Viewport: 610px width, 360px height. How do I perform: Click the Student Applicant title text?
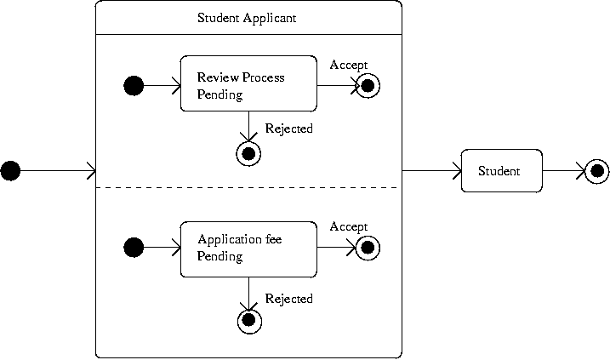[x=247, y=17]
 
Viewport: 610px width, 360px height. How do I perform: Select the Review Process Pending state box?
[x=248, y=85]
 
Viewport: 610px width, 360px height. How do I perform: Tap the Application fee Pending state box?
[x=248, y=248]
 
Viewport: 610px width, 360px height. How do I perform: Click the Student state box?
[x=501, y=171]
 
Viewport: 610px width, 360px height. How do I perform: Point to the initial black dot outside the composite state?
[x=10, y=171]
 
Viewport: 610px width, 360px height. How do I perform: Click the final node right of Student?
[x=597, y=171]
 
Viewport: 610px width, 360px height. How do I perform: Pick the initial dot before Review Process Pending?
[x=134, y=85]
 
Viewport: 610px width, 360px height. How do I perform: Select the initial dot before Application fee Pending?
[x=134, y=248]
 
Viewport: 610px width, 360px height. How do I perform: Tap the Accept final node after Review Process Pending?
[x=368, y=85]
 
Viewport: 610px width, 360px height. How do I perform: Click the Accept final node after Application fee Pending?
[x=368, y=248]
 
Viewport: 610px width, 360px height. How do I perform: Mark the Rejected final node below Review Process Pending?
[x=248, y=153]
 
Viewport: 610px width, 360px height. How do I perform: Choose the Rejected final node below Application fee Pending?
[x=248, y=320]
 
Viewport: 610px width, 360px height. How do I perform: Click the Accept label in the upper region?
[x=348, y=65]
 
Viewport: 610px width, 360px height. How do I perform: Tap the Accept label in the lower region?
[x=348, y=226]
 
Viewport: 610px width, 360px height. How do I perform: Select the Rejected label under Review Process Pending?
[x=288, y=129]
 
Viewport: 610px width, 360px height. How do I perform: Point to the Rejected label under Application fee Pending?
[x=288, y=299]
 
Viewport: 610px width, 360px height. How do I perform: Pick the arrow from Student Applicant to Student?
[x=430, y=171]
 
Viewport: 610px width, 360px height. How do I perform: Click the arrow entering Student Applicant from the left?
[x=55, y=171]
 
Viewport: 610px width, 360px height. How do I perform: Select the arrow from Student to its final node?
[x=563, y=171]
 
